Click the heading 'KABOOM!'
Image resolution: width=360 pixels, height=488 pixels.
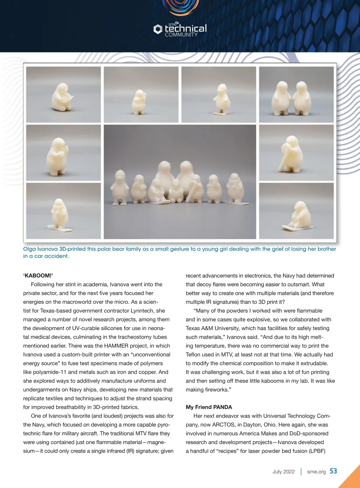(x=38, y=276)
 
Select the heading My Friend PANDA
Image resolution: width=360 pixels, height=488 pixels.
(x=209, y=407)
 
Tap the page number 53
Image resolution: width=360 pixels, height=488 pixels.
(x=333, y=471)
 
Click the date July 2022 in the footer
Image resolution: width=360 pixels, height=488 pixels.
(x=283, y=471)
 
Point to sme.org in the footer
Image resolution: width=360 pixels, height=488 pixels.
(x=316, y=471)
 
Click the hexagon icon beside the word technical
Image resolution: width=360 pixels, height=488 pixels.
(x=158, y=29)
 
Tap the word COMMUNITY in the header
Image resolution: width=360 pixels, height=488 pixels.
(x=181, y=35)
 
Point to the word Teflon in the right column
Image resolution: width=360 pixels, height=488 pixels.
(x=194, y=354)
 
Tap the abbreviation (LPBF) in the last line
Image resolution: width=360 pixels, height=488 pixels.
(x=317, y=451)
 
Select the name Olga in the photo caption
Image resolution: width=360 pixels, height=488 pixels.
(x=29, y=249)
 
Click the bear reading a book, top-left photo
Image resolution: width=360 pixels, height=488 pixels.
(x=63, y=97)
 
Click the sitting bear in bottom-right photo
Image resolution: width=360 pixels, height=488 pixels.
(x=300, y=215)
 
